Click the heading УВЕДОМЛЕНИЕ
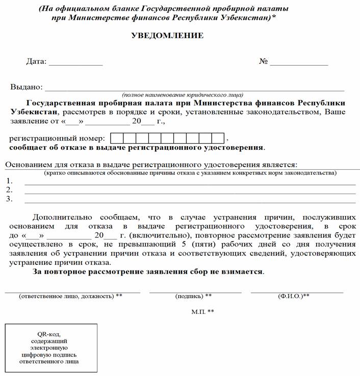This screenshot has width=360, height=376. click(x=167, y=36)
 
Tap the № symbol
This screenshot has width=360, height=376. click(x=264, y=62)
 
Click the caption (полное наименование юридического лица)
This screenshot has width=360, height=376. click(x=182, y=95)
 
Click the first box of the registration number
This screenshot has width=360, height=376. click(x=116, y=138)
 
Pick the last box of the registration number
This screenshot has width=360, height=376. click(x=218, y=138)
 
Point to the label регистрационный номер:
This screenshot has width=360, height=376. click(x=58, y=139)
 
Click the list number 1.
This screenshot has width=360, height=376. click(x=9, y=181)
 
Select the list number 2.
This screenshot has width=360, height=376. click(x=9, y=190)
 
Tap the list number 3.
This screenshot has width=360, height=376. click(x=9, y=199)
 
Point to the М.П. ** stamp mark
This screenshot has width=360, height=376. click(x=202, y=311)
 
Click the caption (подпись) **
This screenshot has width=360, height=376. click(x=193, y=296)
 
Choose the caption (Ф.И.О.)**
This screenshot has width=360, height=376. click(x=294, y=296)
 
